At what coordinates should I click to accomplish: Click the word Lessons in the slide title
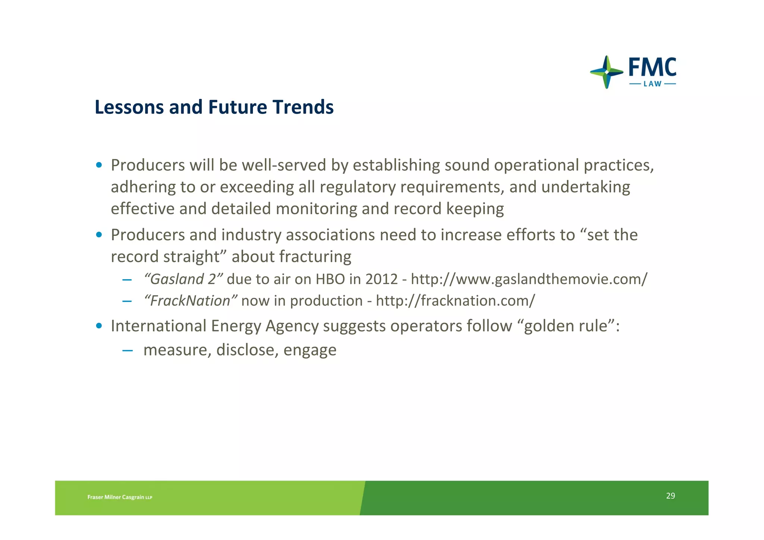click(x=129, y=107)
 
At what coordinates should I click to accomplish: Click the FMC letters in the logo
click(x=652, y=68)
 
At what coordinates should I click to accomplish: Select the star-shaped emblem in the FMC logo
click(x=607, y=72)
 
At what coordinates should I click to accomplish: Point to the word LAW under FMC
click(x=652, y=84)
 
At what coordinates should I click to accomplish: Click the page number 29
click(x=670, y=496)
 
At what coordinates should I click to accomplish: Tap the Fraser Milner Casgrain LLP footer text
click(x=120, y=497)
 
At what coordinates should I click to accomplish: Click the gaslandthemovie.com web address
click(x=529, y=279)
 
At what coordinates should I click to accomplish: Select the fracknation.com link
click(x=455, y=301)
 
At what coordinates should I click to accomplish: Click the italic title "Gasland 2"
click(x=183, y=279)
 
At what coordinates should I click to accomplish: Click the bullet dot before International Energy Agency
click(x=99, y=326)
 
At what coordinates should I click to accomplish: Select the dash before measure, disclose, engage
click(x=127, y=350)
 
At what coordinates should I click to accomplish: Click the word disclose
click(x=247, y=350)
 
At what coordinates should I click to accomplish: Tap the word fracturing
click(x=315, y=257)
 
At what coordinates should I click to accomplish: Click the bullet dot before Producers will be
click(x=99, y=165)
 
